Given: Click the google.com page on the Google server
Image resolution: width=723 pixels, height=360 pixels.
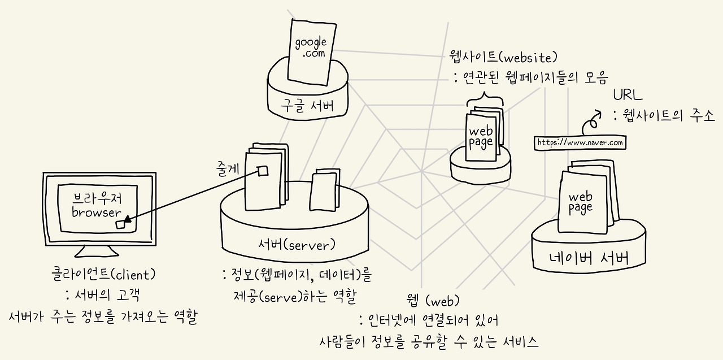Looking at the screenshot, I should pos(310,50).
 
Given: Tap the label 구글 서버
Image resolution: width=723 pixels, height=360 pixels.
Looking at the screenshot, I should pos(307,106).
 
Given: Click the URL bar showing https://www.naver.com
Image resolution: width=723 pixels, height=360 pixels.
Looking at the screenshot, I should pos(580,143).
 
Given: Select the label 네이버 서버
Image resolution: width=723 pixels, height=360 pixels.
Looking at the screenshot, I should pos(589,259).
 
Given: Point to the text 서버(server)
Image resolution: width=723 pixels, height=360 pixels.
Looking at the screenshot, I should pos(297,245).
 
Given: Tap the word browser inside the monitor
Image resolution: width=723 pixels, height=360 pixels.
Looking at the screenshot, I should pos(97,212).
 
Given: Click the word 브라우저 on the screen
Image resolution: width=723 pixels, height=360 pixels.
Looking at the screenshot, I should pos(97,198).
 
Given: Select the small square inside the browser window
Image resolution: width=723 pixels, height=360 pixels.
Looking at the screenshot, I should pos(120,224).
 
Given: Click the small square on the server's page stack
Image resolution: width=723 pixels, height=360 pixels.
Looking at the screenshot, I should pos(262,171).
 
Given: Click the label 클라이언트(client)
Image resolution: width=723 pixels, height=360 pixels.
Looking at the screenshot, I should pos(102,275).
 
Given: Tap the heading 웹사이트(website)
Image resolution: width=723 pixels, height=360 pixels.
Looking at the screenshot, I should pos(503,57).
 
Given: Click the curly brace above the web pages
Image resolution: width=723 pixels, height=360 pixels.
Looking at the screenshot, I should pos(485,101).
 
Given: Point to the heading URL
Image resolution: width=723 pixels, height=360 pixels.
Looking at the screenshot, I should pos(628,94).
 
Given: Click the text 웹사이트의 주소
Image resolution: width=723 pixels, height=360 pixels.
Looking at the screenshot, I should pos(668,116).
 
